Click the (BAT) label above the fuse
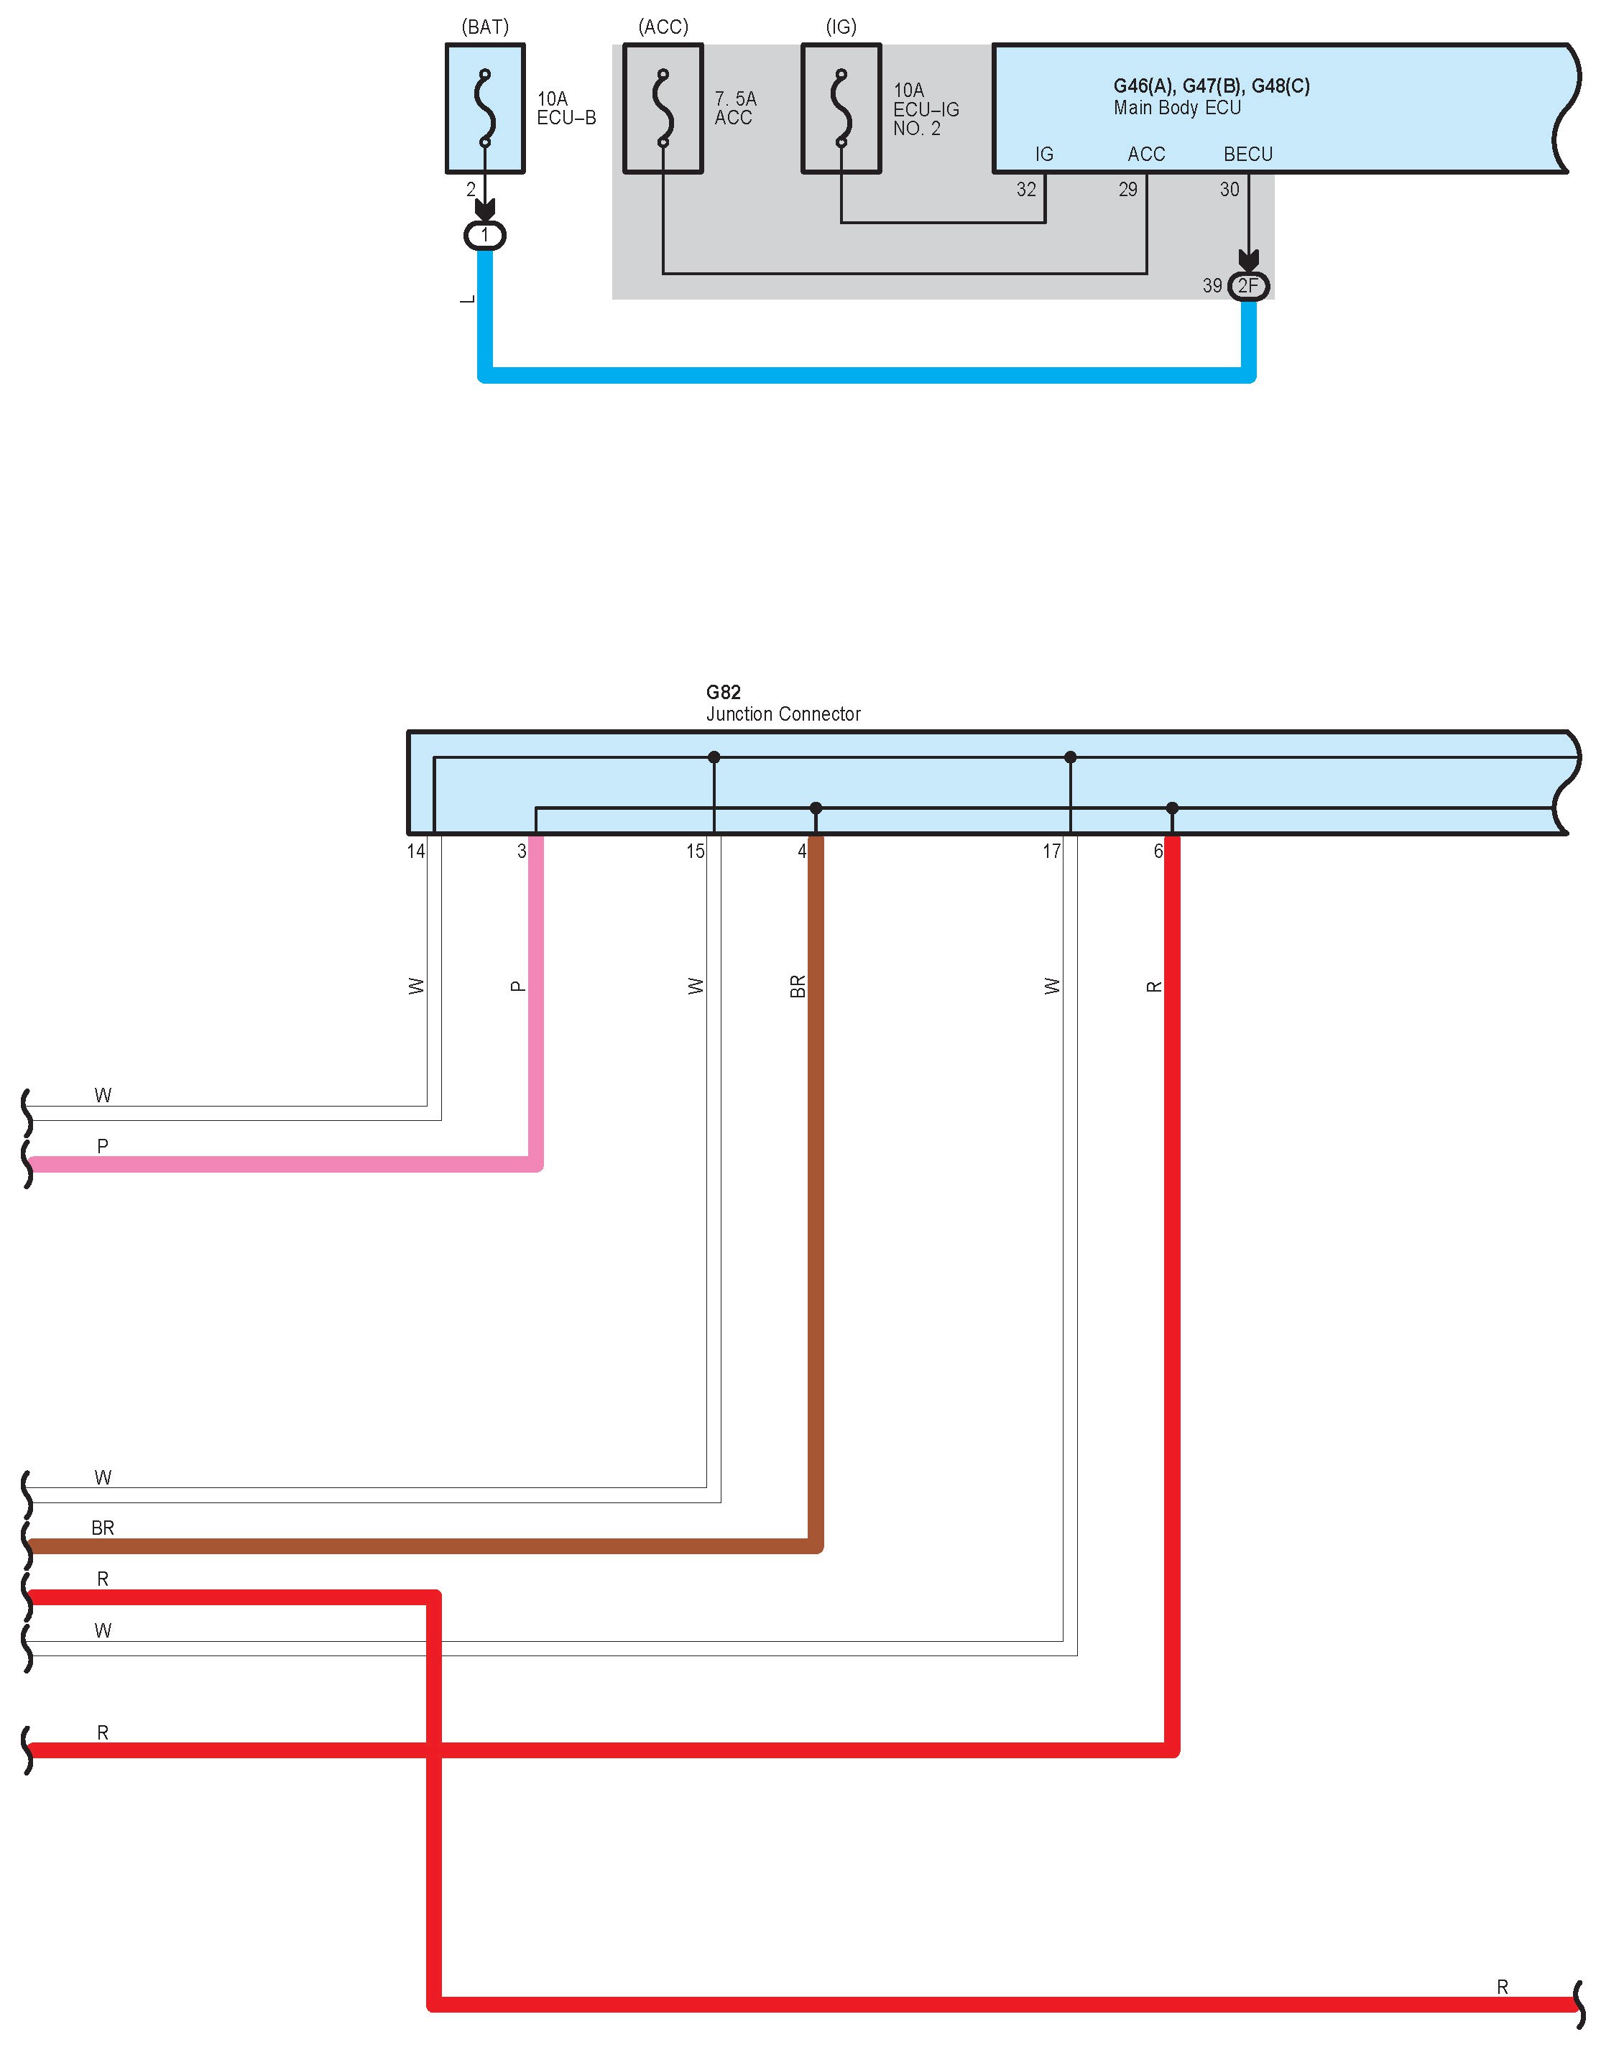point(485,27)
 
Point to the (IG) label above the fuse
point(841,27)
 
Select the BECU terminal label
point(1247,154)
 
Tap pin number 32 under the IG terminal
point(1026,189)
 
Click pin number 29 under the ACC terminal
point(1127,189)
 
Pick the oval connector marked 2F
point(1248,285)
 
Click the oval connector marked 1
point(485,235)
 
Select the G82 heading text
point(723,692)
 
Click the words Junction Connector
point(783,714)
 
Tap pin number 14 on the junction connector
point(415,851)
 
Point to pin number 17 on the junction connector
point(1051,851)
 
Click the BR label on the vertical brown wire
point(797,987)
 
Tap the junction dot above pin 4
point(816,808)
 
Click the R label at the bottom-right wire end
point(1503,1987)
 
